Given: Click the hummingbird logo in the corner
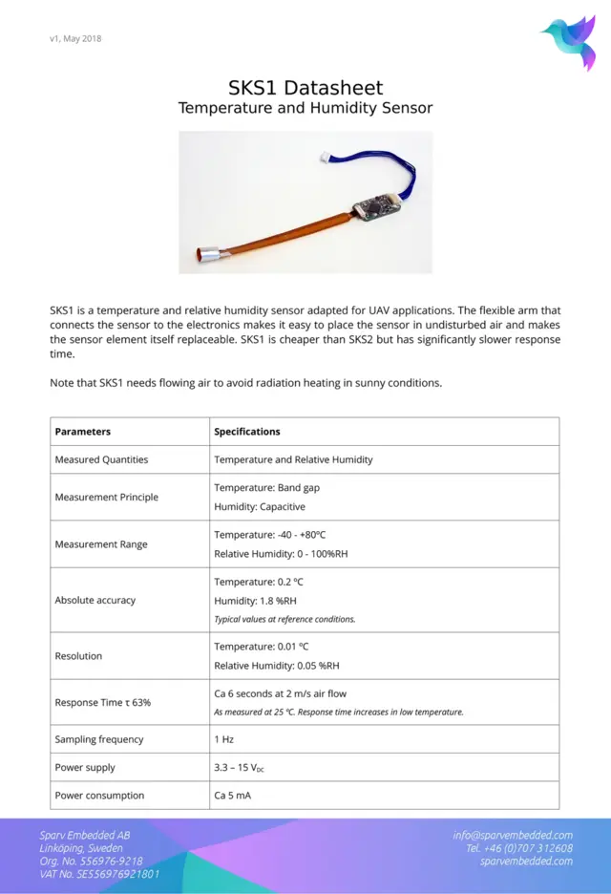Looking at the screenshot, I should (x=570, y=41).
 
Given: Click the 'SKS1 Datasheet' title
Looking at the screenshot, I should (x=305, y=88).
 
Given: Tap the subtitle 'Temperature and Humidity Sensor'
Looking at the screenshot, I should (x=305, y=108).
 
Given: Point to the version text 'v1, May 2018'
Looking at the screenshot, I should (x=75, y=39).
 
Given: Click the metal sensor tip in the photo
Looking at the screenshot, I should (x=209, y=254).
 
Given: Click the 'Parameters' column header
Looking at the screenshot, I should (x=83, y=432).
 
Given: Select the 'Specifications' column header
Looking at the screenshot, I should (x=247, y=432).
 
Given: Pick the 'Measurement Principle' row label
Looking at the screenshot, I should (x=107, y=498).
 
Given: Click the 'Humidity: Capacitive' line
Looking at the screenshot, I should (x=260, y=507).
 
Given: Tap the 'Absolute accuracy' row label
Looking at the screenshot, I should (x=95, y=601).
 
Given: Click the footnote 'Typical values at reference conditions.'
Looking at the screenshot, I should (x=284, y=619).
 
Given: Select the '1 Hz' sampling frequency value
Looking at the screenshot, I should (x=224, y=739).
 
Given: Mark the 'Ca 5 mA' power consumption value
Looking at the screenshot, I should (x=233, y=796).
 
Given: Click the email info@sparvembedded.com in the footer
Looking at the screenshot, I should (x=513, y=835).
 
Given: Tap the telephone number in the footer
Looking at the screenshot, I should (x=519, y=848).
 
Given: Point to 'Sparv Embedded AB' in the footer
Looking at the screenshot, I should (x=85, y=835).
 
